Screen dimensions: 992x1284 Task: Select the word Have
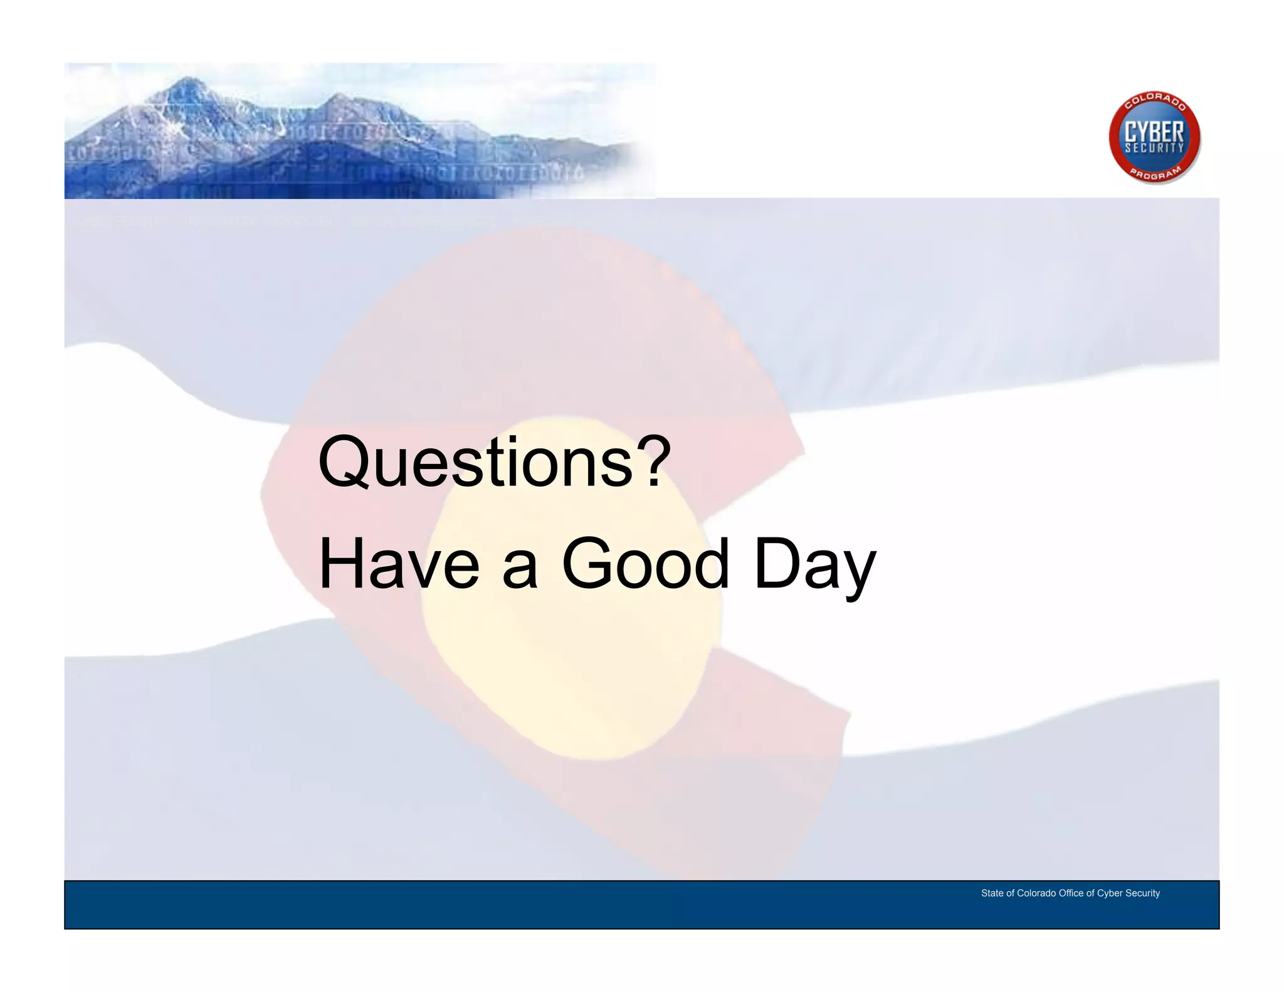(399, 564)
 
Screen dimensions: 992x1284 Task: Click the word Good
(646, 564)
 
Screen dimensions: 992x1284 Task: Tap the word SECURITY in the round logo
(1154, 149)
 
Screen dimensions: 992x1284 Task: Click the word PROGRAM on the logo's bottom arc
(1155, 174)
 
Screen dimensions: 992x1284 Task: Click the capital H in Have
(342, 564)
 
